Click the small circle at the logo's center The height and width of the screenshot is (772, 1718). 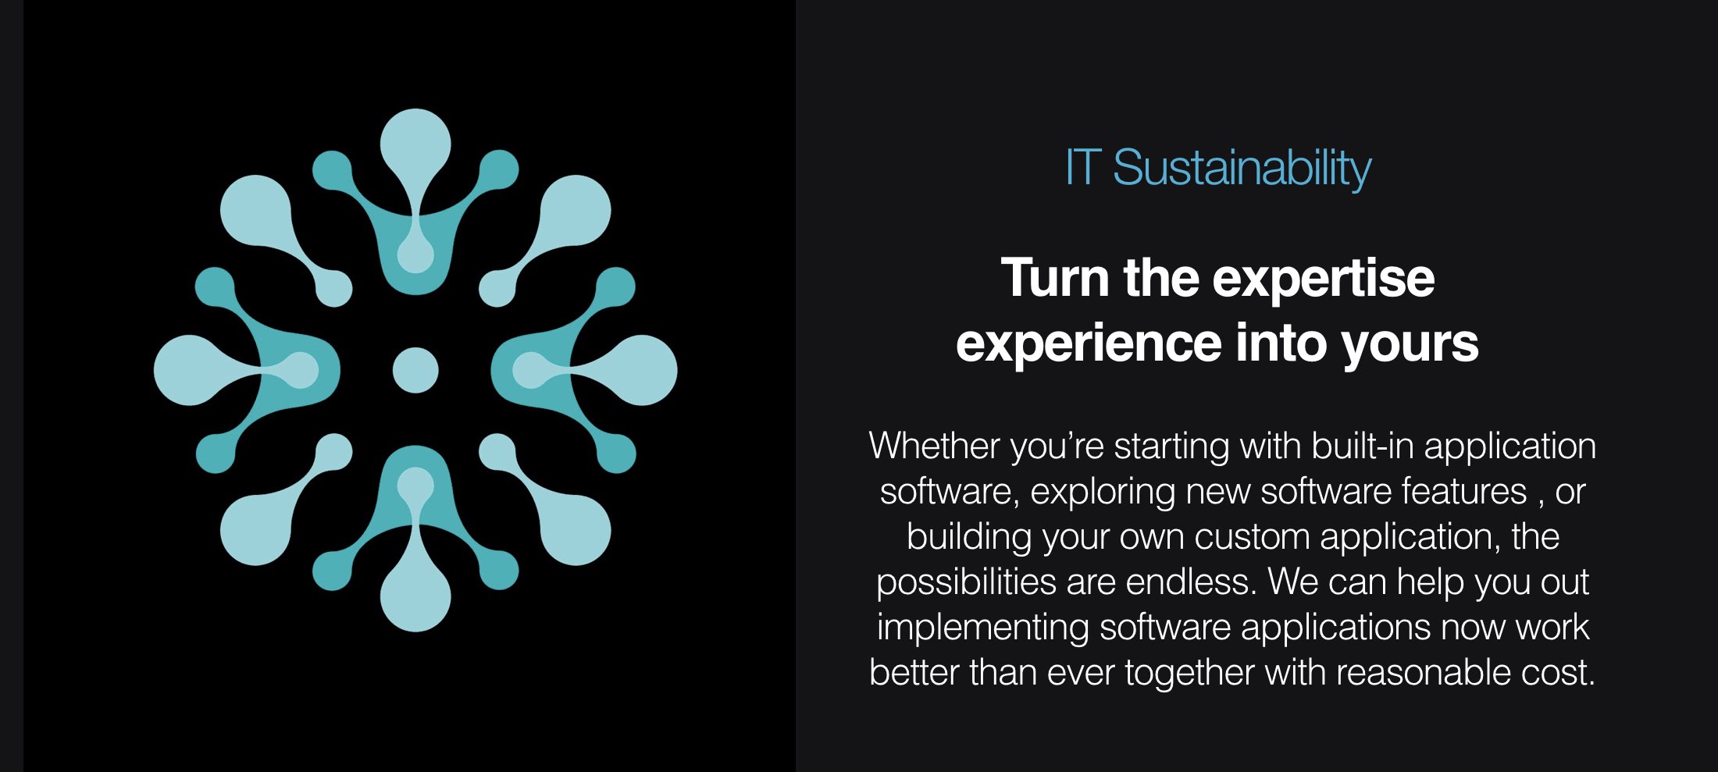click(415, 370)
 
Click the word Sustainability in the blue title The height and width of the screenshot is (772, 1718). click(1242, 168)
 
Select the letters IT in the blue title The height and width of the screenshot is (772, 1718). click(1083, 168)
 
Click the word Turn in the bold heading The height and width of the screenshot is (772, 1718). click(1055, 278)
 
